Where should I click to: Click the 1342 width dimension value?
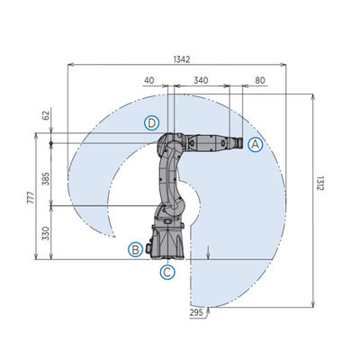[182, 59]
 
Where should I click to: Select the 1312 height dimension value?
[319, 184]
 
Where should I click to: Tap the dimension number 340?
[201, 80]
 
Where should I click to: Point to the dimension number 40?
[149, 80]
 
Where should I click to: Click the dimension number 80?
[260, 80]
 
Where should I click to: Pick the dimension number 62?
[45, 115]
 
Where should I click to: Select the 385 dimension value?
[46, 178]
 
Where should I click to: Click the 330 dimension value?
[46, 234]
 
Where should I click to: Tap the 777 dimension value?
[31, 197]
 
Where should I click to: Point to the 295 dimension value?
[196, 312]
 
